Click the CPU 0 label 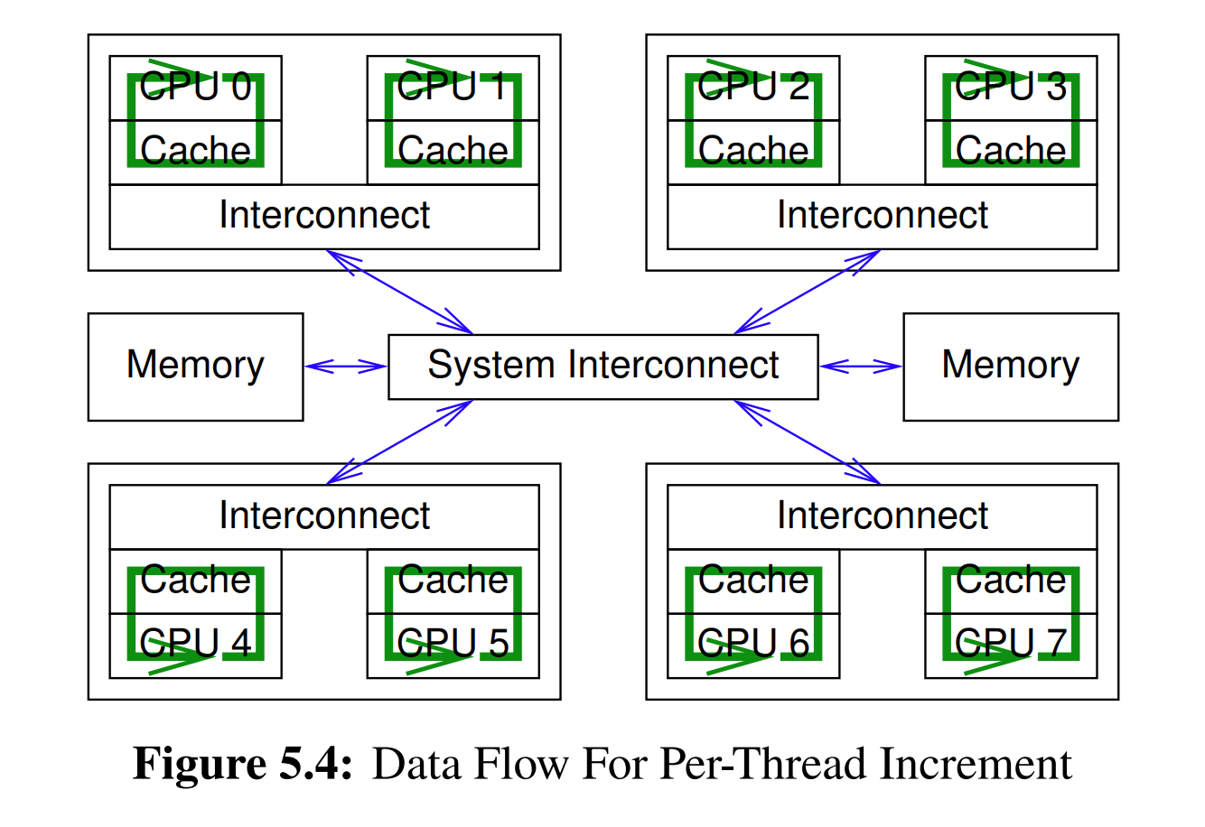(195, 87)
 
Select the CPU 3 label (1011, 87)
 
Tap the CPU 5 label (453, 644)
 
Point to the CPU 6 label (753, 644)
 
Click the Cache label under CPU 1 (453, 151)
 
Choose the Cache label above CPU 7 (1011, 580)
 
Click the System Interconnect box (602, 366)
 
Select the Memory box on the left (195, 366)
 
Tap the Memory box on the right (1010, 366)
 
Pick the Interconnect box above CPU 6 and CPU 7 (882, 516)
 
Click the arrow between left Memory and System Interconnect (346, 366)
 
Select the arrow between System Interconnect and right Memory (861, 366)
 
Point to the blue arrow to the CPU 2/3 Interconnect (807, 292)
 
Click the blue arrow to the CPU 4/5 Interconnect (399, 441)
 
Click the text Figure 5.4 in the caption (241, 764)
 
